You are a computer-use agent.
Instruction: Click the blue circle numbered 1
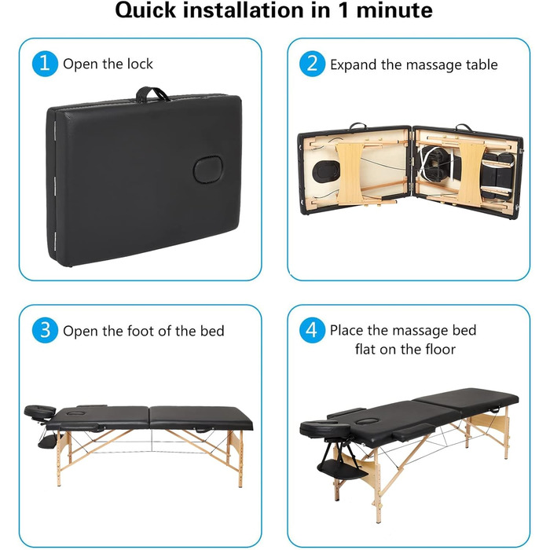point(45,64)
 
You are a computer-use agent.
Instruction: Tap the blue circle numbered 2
point(312,64)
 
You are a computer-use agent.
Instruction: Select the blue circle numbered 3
point(45,331)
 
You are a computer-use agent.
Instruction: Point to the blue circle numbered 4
point(312,331)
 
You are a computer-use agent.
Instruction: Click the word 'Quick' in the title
point(145,10)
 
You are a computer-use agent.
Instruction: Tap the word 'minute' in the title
point(394,10)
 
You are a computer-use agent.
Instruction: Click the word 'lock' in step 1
point(140,64)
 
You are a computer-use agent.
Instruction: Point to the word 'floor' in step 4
point(440,350)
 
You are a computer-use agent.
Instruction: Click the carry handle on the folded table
point(152,95)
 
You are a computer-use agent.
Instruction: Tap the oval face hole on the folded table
point(207,170)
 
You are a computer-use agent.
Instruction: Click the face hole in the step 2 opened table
point(326,172)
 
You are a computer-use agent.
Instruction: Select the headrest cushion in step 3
point(39,412)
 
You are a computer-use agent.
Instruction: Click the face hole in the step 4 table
point(368,420)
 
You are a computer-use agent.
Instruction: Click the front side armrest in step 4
point(414,432)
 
